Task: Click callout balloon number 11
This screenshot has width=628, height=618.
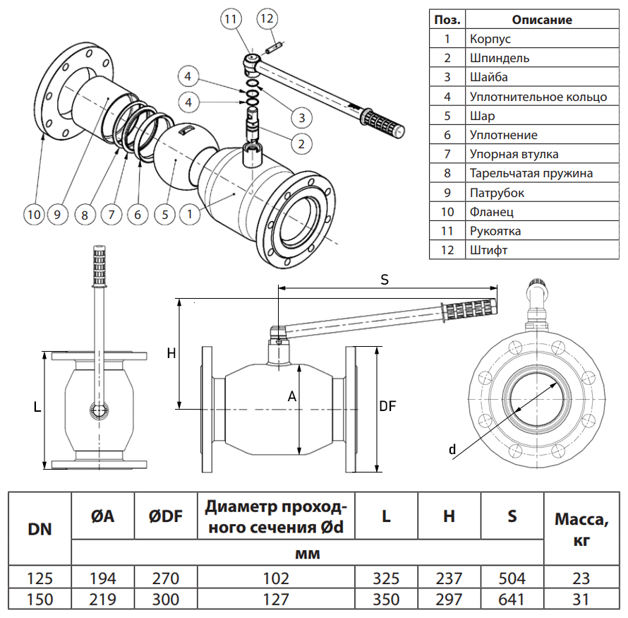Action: [230, 19]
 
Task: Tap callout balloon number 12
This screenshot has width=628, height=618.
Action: [266, 19]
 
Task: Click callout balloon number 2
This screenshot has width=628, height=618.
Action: [301, 144]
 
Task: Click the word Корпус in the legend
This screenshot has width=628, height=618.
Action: [490, 39]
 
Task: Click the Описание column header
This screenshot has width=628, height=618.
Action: [542, 20]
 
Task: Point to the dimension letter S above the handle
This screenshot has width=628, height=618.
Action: [385, 280]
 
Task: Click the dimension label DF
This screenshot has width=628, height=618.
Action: [387, 406]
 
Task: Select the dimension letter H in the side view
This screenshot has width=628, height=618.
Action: [171, 354]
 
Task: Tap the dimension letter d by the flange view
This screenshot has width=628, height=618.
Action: [452, 449]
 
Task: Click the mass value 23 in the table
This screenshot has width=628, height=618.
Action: [581, 579]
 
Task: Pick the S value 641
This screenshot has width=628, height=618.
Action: [512, 600]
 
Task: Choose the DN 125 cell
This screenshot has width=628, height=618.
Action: [40, 579]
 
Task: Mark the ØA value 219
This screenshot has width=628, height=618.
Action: [102, 600]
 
